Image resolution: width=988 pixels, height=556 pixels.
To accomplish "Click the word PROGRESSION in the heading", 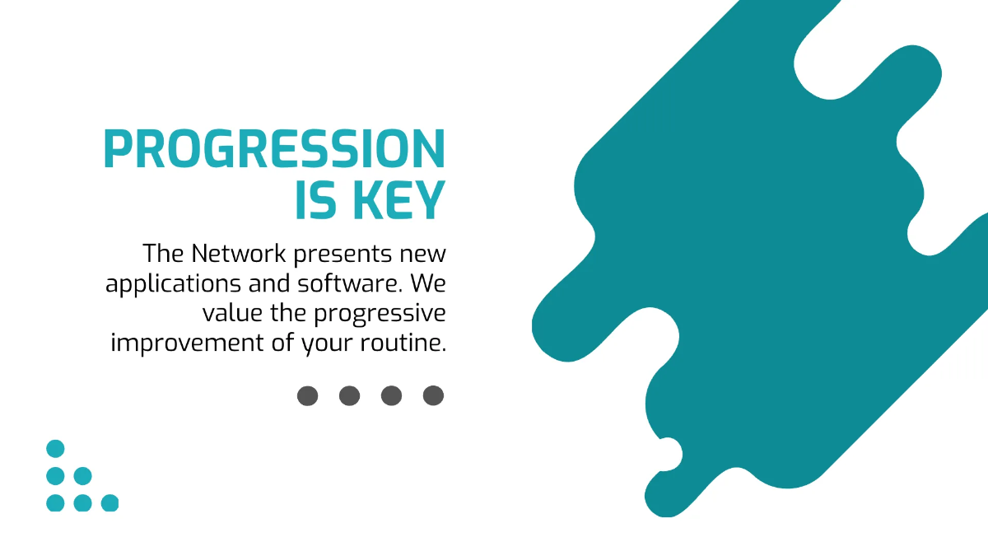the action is [x=274, y=149].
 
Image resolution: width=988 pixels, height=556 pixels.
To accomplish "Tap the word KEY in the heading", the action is [x=399, y=200].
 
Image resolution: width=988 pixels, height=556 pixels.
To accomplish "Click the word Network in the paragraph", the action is [x=239, y=254].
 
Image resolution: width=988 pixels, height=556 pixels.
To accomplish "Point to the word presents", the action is [x=343, y=255].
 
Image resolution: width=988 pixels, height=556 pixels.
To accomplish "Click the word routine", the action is [x=403, y=343].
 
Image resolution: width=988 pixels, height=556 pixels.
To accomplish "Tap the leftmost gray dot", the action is [x=307, y=395].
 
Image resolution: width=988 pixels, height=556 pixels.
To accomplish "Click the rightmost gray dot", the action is [x=433, y=395].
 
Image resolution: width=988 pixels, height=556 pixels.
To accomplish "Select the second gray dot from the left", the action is [x=349, y=395].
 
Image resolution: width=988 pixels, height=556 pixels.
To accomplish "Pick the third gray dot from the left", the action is [x=391, y=395].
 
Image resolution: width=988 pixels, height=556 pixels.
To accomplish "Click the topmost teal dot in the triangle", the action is [x=55, y=449].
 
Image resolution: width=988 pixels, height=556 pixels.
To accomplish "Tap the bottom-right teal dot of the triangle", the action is [x=110, y=503].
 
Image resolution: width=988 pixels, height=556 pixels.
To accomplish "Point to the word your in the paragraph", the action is [x=327, y=345].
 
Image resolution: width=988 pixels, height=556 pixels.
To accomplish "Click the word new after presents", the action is [x=422, y=255].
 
